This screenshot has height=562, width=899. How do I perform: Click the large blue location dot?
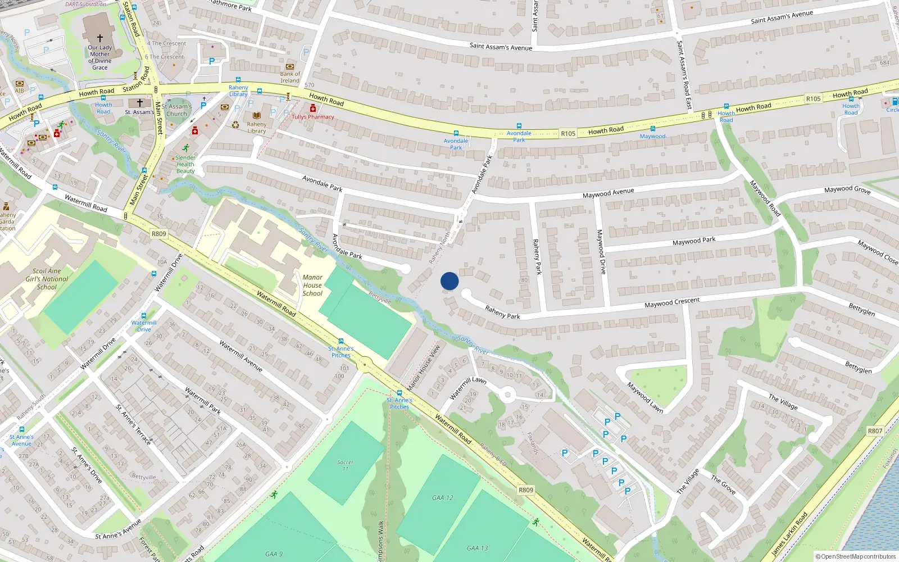pos(449,281)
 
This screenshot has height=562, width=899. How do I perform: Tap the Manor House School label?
pos(312,285)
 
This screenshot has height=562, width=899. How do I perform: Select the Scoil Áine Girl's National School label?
pos(47,279)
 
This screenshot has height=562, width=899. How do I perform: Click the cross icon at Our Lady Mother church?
pos(100,38)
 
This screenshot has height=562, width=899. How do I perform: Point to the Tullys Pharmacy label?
pos(313,117)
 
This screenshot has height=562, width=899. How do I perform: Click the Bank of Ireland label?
pos(290,77)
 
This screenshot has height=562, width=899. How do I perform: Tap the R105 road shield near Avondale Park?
pos(568,134)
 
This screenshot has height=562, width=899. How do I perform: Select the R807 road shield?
pos(875,431)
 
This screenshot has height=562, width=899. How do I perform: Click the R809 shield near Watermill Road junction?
pos(159,234)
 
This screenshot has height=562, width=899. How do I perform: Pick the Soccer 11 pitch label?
pos(345,465)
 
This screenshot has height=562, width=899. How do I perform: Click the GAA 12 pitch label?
pos(443,498)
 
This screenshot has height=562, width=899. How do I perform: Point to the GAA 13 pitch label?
pos(477,548)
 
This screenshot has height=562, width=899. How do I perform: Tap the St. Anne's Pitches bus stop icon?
pos(399,393)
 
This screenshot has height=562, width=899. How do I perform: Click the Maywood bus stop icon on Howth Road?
pos(652,129)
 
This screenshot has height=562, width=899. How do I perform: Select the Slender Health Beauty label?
pos(185,164)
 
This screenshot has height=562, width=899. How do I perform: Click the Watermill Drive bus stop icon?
pos(144,316)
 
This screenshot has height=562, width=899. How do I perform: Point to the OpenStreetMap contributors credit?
pos(855,556)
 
